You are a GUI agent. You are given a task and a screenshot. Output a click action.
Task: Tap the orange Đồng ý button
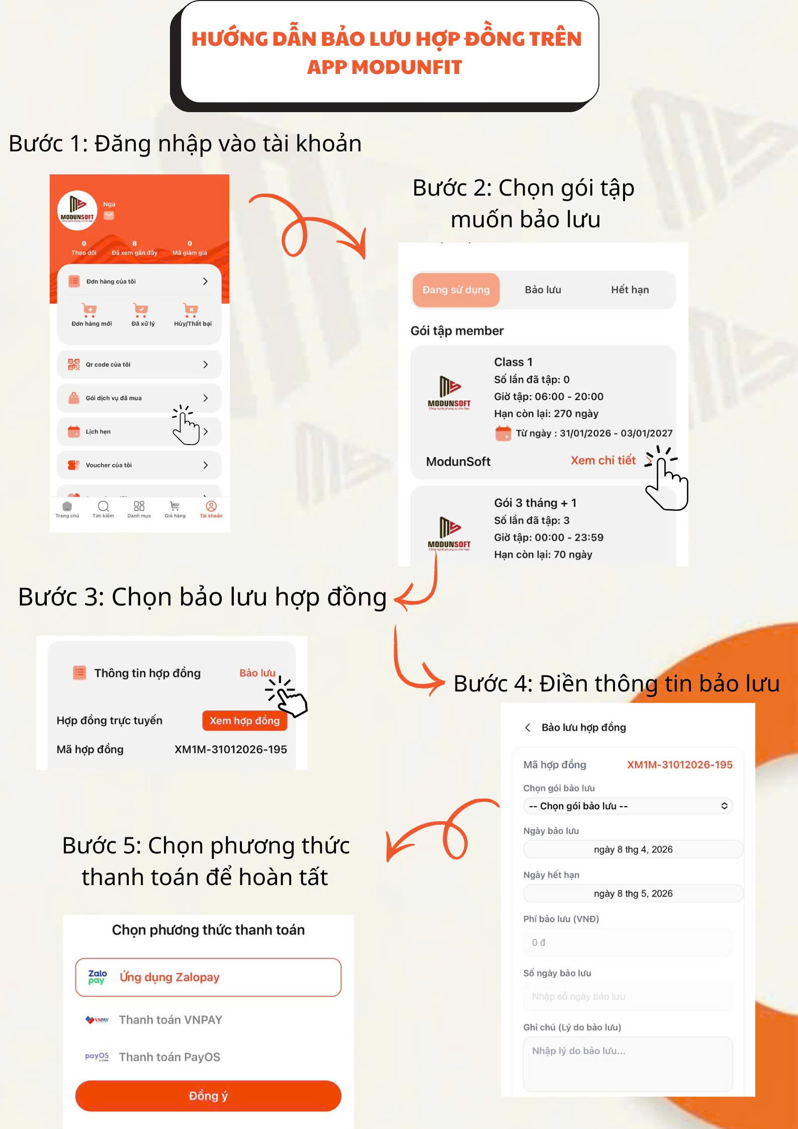point(208,1095)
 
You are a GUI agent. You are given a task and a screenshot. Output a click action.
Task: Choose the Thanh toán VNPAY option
point(170,1019)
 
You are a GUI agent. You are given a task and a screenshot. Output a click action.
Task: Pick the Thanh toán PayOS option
point(169,1057)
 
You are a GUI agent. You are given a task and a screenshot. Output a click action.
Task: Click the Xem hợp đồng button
point(244,720)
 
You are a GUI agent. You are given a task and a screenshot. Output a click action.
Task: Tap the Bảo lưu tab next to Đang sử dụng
point(543,290)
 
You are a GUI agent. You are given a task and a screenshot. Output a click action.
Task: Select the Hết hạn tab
point(630,290)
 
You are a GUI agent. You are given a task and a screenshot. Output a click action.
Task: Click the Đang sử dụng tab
point(456,290)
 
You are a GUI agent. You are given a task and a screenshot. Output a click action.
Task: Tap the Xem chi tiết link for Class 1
point(603,460)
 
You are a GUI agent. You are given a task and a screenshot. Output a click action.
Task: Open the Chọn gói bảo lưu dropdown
point(628,806)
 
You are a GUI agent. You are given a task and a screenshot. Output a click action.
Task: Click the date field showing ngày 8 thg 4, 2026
point(633,849)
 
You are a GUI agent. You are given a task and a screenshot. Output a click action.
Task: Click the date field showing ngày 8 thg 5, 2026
point(633,893)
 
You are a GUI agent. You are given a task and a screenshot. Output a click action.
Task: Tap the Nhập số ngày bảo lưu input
point(628,996)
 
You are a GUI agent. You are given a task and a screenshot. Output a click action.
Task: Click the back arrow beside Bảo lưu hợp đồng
point(527,727)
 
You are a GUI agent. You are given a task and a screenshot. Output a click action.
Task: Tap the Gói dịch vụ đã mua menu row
point(139,398)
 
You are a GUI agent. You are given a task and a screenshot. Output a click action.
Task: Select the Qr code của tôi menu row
point(139,364)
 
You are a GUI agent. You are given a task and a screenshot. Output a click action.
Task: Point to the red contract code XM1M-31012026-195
point(679,764)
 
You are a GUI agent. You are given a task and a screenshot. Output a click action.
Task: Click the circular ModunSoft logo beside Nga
point(77,210)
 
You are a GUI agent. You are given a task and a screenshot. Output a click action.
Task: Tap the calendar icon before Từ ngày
point(503,433)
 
